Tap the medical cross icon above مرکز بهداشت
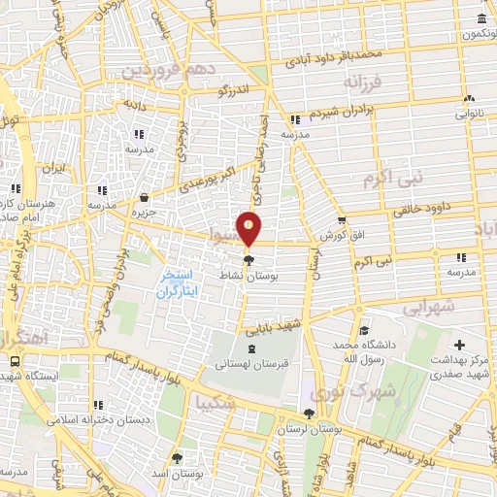point(460,345)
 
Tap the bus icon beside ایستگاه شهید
point(14,360)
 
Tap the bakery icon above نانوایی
point(470,98)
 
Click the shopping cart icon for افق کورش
point(341,219)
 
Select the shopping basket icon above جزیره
point(145,196)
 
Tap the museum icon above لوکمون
point(482,19)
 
